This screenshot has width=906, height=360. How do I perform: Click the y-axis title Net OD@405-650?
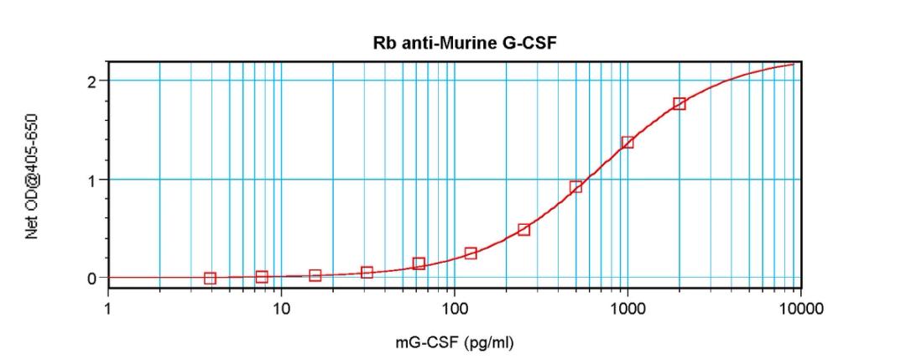point(32,177)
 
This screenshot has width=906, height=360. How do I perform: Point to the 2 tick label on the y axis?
point(91,81)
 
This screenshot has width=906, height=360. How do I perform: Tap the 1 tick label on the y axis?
point(92,180)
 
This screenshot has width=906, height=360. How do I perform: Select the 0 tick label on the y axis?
point(91,278)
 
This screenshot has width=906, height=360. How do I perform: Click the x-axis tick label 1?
point(108,309)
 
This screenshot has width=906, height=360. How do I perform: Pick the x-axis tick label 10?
point(281,309)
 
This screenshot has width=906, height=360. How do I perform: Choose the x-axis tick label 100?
point(454,309)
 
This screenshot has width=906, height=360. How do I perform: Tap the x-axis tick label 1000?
point(627,309)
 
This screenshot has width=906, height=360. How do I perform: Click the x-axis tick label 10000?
point(800,309)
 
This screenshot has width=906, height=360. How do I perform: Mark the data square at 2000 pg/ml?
point(679,104)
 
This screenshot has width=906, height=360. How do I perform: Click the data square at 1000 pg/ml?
point(627,143)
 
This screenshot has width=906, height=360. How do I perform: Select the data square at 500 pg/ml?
point(575,187)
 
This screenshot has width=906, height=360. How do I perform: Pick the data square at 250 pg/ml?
point(523,230)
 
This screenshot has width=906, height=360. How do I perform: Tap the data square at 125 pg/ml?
point(471,253)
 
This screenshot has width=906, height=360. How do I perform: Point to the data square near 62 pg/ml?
point(419,264)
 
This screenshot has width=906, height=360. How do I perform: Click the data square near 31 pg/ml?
point(367,273)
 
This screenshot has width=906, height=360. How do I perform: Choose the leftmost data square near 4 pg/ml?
point(210,279)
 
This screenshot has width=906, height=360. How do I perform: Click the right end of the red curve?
point(794,64)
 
